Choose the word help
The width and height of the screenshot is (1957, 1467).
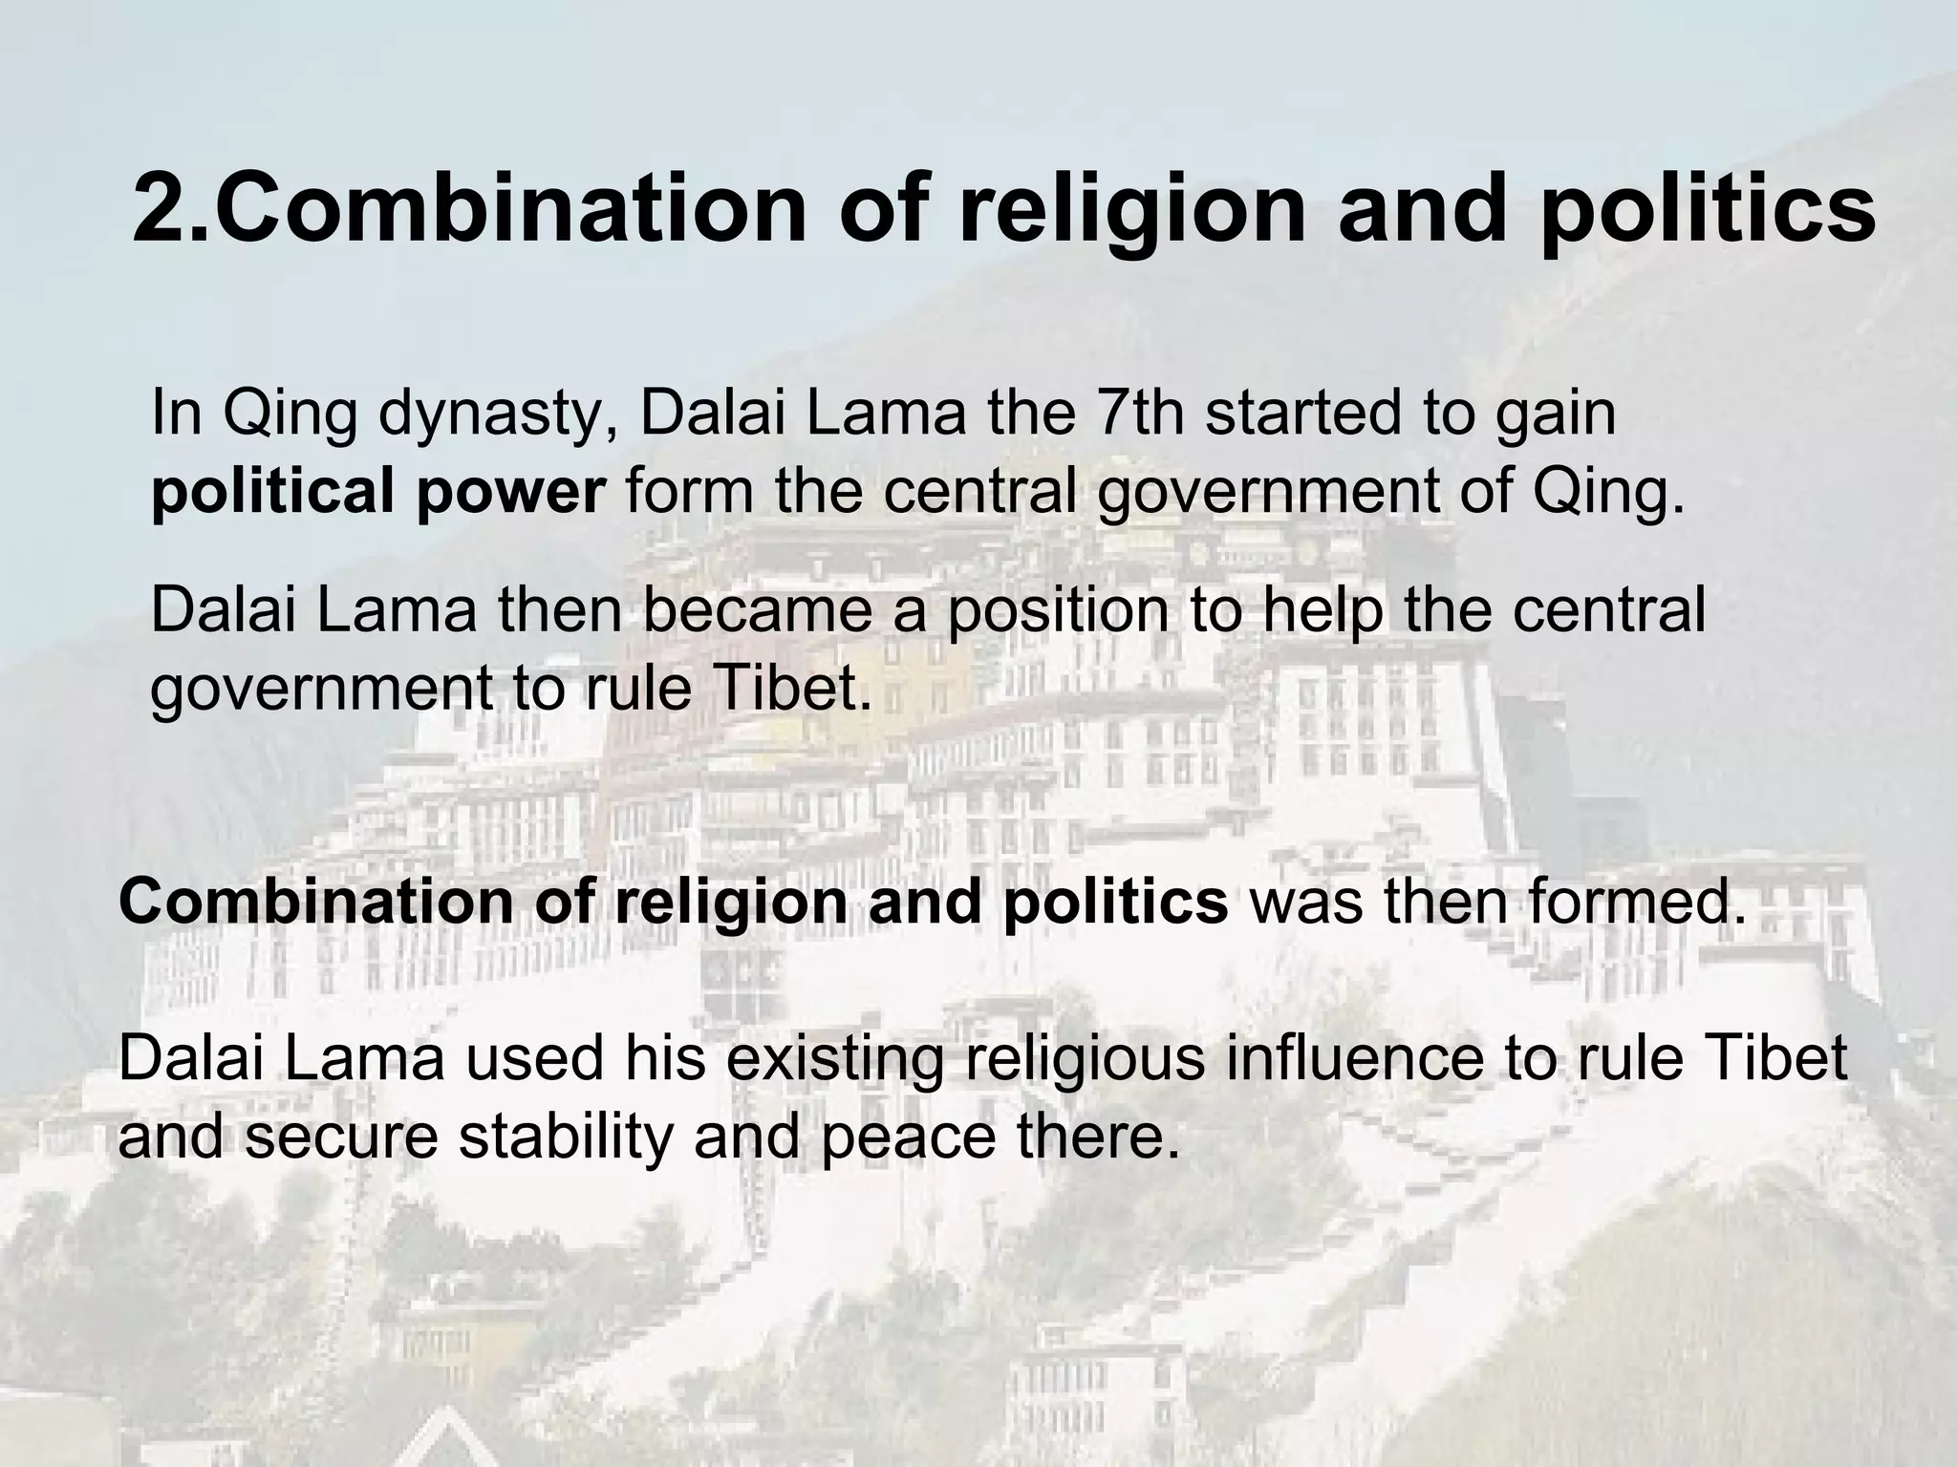tap(1323, 611)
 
